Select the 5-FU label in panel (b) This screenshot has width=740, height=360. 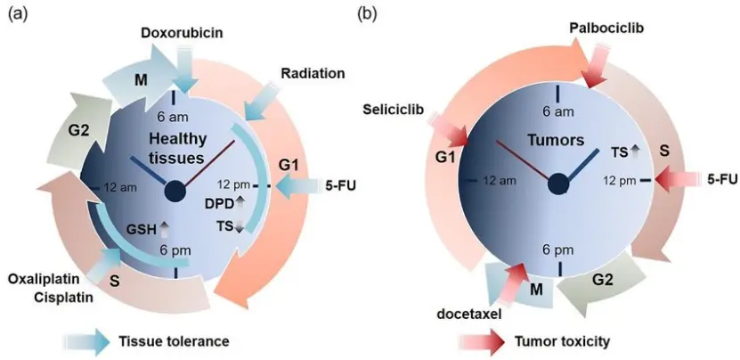pos(721,179)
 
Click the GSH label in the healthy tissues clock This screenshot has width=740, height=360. pos(141,229)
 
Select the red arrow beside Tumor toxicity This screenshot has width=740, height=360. pos(482,340)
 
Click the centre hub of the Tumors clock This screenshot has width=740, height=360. pos(559,183)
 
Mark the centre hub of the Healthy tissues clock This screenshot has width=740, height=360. pos(174,189)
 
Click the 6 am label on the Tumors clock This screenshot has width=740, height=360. pos(558,111)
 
